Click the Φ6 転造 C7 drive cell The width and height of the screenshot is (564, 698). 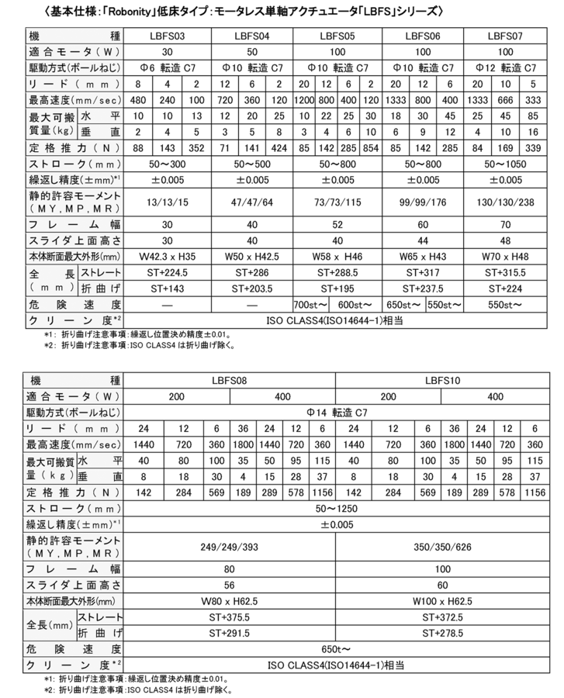click(168, 67)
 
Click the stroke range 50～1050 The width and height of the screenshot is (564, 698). click(505, 164)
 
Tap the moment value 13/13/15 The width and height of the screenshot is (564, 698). click(168, 202)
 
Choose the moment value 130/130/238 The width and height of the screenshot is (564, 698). click(505, 202)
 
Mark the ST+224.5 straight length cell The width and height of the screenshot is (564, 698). click(168, 272)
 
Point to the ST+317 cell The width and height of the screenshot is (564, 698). click(421, 272)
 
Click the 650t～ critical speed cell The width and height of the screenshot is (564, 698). click(337, 648)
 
